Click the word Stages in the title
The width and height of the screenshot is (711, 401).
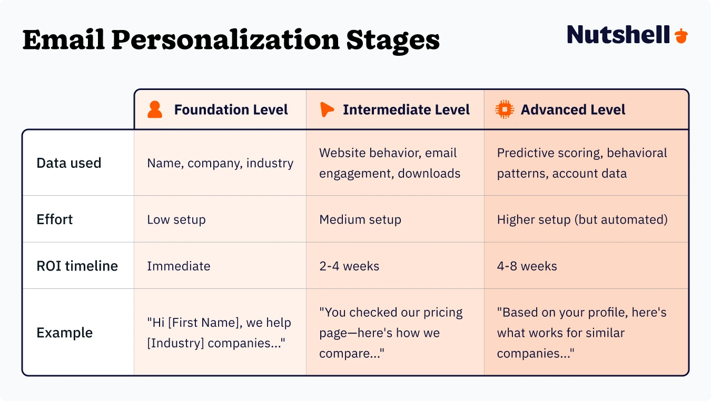click(x=393, y=40)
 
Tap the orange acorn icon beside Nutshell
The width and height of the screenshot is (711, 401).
click(x=681, y=36)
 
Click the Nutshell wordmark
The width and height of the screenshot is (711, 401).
click(x=618, y=35)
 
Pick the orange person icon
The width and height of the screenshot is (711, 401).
click(x=155, y=110)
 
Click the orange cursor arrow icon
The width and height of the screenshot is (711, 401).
click(x=327, y=109)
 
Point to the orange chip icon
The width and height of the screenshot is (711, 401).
click(x=505, y=109)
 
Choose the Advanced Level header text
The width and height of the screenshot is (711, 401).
click(x=573, y=110)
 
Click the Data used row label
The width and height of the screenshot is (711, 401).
click(x=69, y=163)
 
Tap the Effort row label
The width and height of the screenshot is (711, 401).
click(x=55, y=219)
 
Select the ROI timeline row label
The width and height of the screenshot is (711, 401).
click(x=77, y=266)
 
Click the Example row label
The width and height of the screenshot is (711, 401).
click(x=64, y=333)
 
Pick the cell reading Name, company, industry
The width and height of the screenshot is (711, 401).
click(x=220, y=163)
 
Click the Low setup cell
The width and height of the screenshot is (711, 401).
click(x=176, y=219)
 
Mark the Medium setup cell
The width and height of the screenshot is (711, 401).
click(x=360, y=219)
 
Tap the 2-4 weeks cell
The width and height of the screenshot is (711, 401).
click(x=349, y=266)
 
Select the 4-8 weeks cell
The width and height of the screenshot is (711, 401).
click(x=527, y=266)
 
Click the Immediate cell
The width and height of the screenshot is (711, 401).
click(x=179, y=266)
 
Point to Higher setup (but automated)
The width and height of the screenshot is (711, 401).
click(x=582, y=219)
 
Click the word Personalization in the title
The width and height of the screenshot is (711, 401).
click(x=226, y=40)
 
